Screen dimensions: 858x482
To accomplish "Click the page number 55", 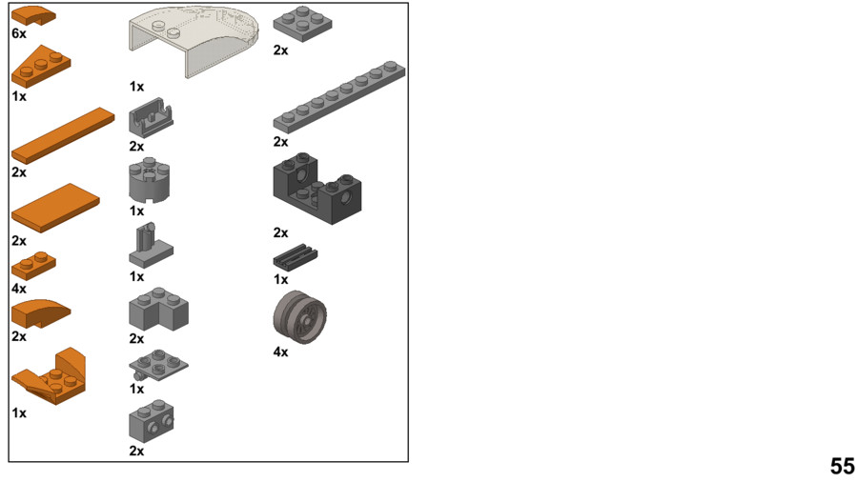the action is (x=842, y=466).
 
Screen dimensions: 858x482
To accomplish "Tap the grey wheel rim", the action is (x=300, y=317).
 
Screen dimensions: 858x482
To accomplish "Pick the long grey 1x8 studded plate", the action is (x=339, y=97).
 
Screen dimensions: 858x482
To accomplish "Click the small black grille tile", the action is (x=296, y=257).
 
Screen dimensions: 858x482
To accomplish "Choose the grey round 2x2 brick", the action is (x=150, y=180).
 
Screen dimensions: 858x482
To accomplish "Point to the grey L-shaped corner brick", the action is (x=158, y=309).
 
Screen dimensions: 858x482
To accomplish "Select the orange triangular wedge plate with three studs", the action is (x=41, y=67).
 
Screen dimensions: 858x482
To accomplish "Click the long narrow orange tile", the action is (x=63, y=135).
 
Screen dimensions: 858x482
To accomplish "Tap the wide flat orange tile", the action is (x=55, y=208).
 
